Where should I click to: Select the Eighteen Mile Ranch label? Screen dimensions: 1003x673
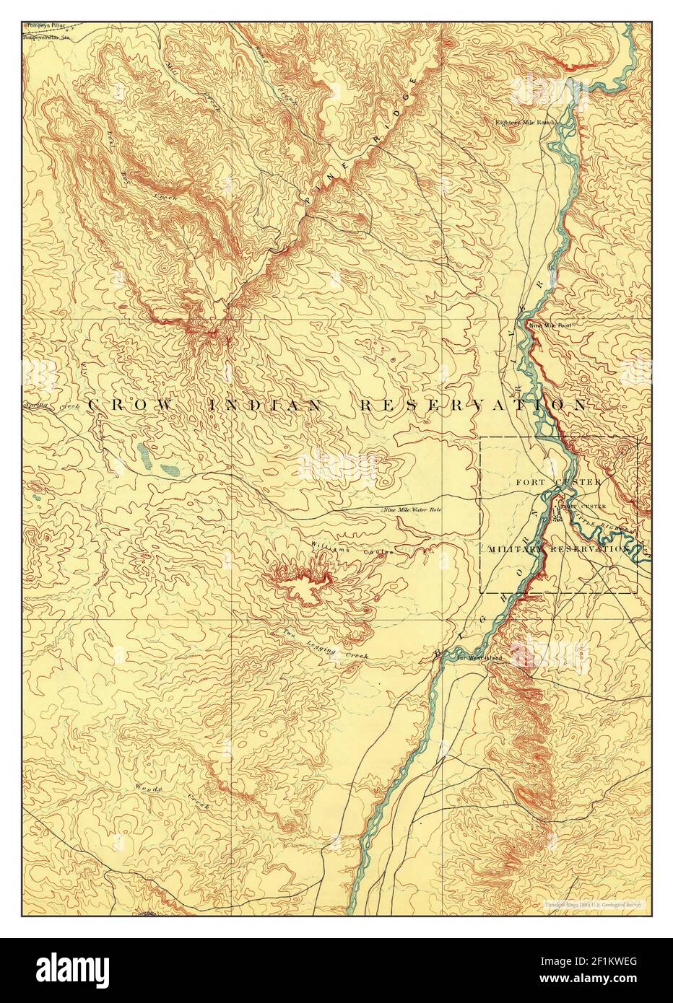tap(524, 122)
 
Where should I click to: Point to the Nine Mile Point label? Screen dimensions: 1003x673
tap(551, 325)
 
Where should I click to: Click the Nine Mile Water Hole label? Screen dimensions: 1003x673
tap(411, 510)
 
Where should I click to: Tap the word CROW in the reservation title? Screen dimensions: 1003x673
tap(131, 406)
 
